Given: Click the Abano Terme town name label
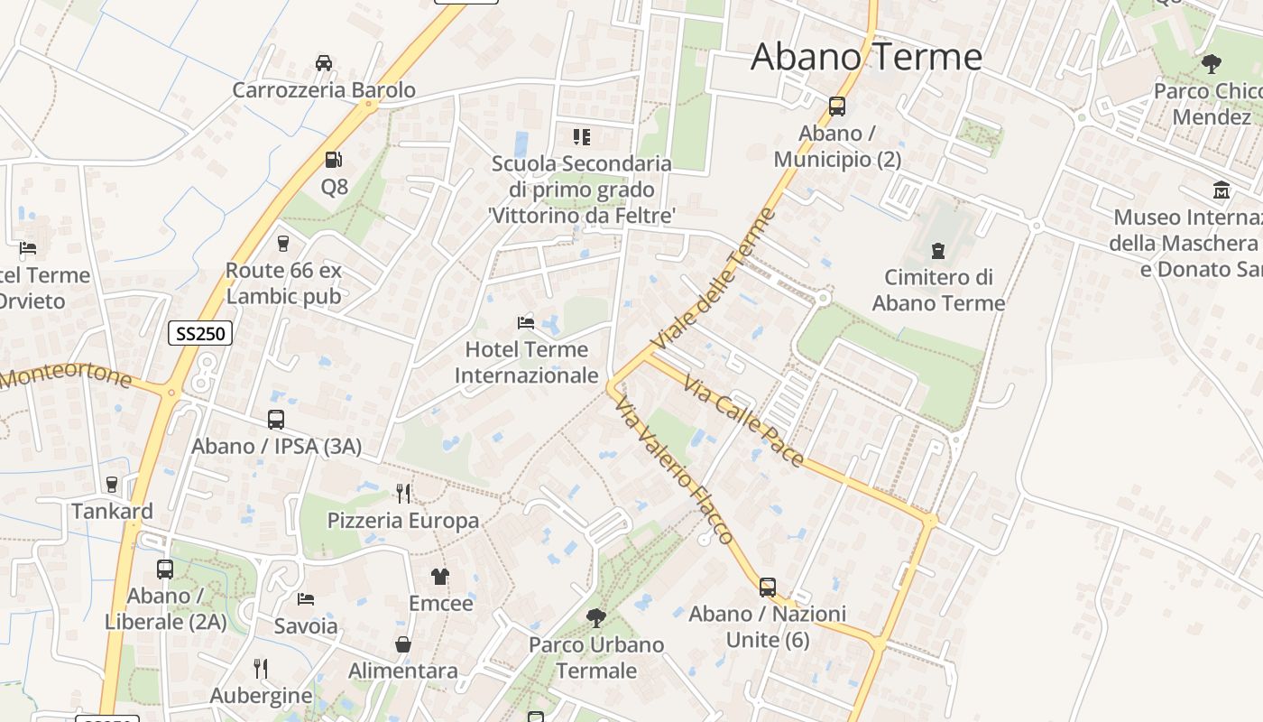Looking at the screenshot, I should point(866,57).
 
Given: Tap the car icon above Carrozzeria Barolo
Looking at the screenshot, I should point(324,62).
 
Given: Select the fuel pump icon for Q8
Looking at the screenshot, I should point(334,160).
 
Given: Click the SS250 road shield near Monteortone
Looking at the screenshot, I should point(200,333).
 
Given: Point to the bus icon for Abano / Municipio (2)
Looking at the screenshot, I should point(837,106).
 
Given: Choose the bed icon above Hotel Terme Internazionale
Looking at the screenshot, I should point(526,322).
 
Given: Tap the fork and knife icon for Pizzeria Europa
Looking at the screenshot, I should point(403,493).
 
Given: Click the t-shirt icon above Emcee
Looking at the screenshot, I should point(440,576).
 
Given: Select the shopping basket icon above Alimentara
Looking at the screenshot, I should point(403,644).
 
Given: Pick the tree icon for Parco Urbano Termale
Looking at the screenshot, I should point(595,618).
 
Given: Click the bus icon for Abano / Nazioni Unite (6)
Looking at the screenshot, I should point(768,588).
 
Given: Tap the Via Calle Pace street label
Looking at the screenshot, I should point(743,421).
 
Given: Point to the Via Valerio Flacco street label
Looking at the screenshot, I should point(674,471).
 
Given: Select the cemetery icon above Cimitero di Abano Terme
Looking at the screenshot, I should point(938,250).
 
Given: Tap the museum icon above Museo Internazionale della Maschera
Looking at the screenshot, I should point(1222,190).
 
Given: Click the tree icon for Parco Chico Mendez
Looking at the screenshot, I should point(1212,64).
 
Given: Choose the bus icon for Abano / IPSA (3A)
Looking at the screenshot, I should point(276,420).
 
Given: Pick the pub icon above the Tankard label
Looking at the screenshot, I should point(112,485).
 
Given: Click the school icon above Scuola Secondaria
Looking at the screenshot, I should point(582,137).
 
